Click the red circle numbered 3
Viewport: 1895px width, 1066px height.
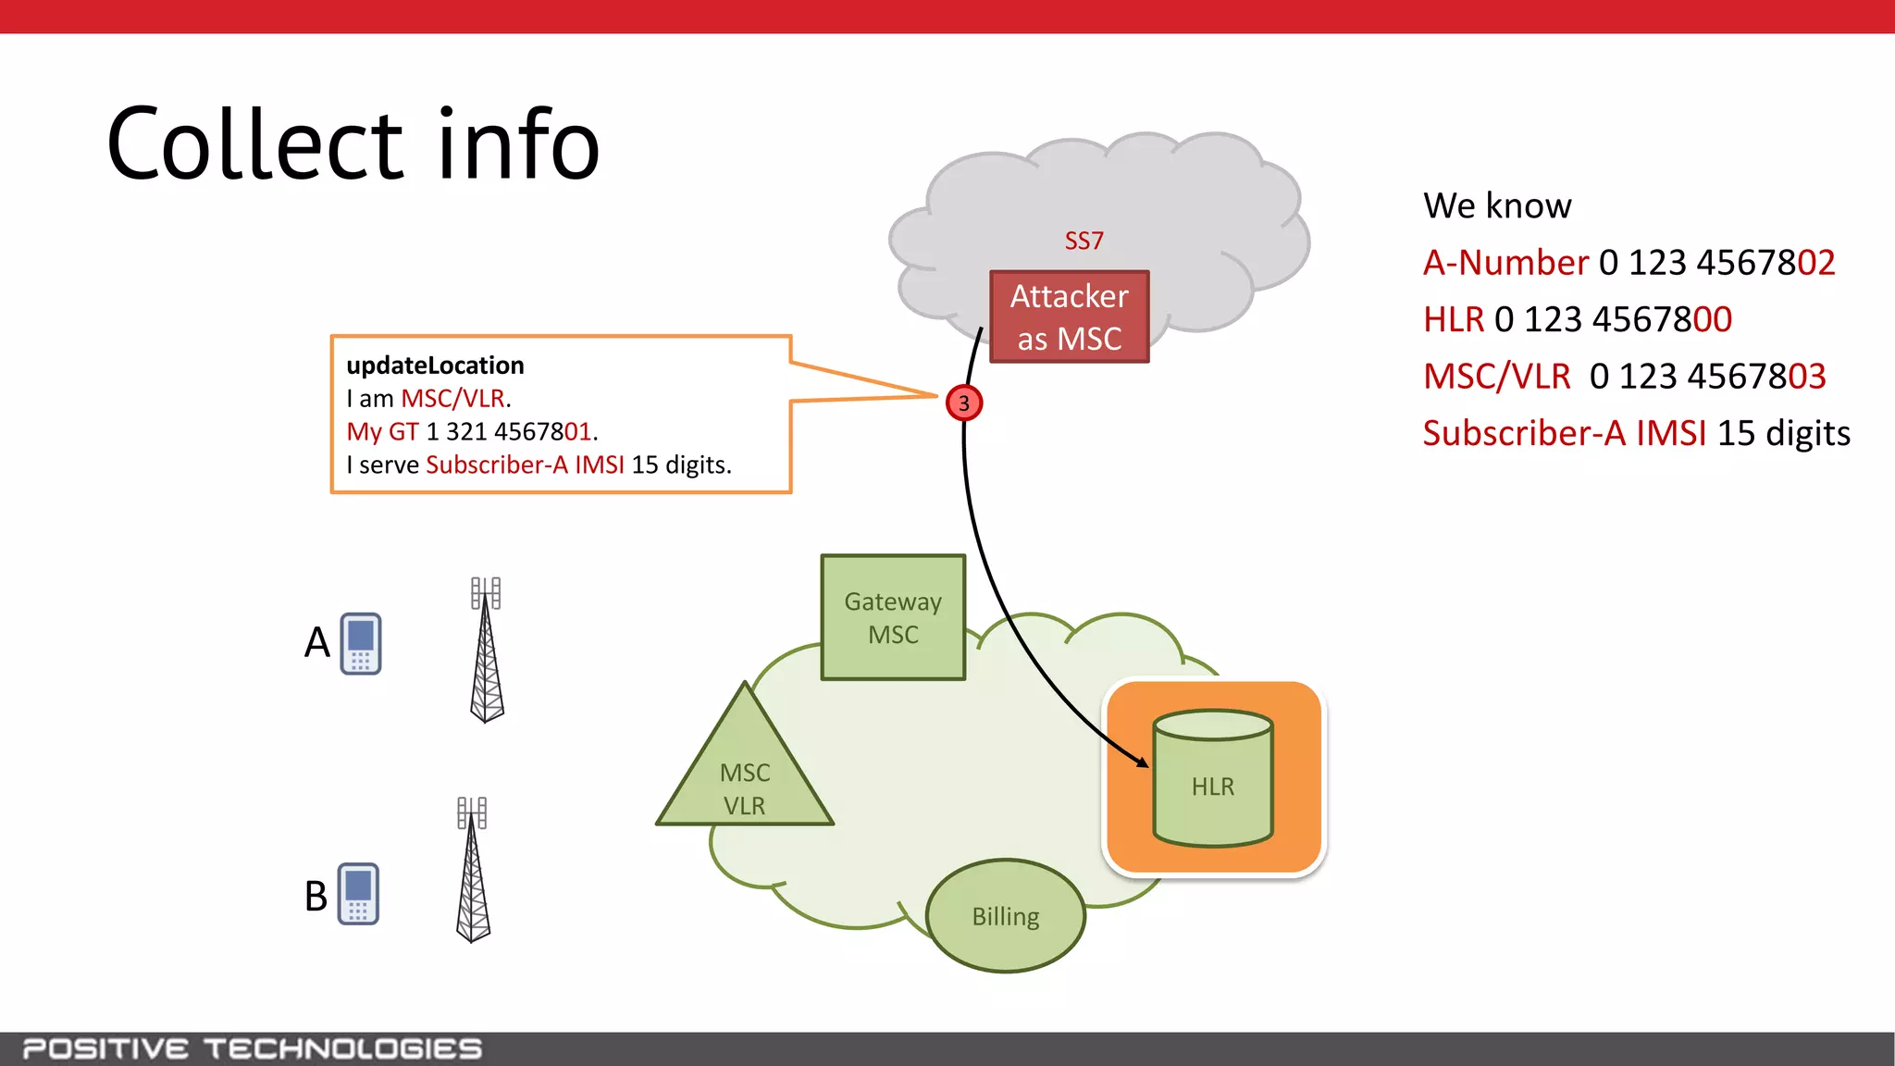[964, 403]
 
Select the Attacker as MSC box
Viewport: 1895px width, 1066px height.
[1069, 316]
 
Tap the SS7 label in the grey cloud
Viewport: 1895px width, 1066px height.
[1084, 241]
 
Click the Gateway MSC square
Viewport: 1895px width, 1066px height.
[893, 617]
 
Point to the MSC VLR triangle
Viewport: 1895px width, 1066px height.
[745, 777]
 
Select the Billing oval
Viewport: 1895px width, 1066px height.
[1006, 916]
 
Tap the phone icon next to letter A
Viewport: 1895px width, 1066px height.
[361, 643]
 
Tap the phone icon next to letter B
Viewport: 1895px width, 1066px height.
[358, 894]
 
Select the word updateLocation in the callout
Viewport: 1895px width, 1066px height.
[435, 366]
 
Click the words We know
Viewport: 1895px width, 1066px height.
[1497, 205]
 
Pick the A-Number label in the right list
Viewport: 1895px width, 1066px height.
[1505, 263]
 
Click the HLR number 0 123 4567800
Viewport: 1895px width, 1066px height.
[1613, 319]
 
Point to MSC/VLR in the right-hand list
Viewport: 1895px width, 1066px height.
[1496, 377]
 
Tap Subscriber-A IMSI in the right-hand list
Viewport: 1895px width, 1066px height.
[1564, 433]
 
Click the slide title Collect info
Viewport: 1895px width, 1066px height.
[353, 144]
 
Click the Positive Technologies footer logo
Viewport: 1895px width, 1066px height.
[252, 1048]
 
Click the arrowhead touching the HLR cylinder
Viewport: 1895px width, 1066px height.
[1144, 762]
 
